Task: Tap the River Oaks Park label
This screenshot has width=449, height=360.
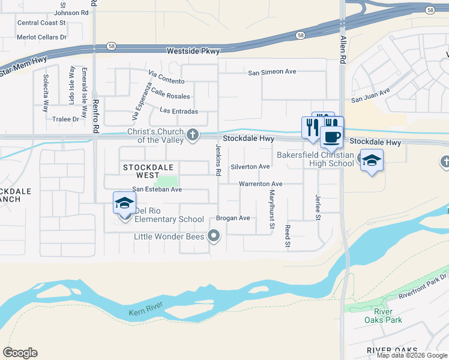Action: (383, 316)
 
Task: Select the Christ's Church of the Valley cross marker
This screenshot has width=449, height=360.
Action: (193, 134)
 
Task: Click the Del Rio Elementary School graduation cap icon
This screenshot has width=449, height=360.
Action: (124, 203)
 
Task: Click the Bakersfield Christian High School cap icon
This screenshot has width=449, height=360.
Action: (372, 160)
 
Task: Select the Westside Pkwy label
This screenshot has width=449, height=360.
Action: (193, 52)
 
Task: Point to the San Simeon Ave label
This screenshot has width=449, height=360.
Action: (273, 72)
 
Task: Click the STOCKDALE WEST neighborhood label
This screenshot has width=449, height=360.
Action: (141, 172)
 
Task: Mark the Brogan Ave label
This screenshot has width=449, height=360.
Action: (233, 218)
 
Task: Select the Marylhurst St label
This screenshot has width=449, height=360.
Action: (272, 209)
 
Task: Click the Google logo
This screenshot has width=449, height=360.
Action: (20, 352)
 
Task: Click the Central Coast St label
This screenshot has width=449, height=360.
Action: (41, 23)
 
